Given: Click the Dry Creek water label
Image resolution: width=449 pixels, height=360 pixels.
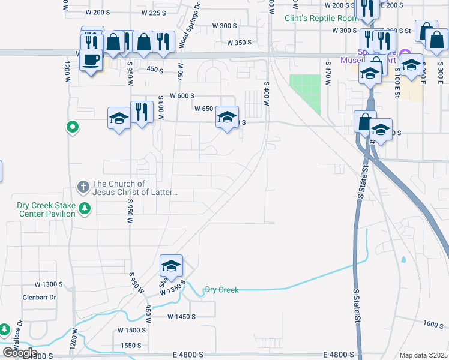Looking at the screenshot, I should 221,290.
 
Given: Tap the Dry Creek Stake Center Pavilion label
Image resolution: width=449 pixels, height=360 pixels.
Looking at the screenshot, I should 46,209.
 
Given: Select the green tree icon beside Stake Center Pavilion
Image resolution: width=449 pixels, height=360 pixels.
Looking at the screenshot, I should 85,208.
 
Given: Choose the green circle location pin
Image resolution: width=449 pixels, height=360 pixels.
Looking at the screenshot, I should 72,127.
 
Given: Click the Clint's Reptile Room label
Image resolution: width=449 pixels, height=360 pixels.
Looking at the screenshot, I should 316,18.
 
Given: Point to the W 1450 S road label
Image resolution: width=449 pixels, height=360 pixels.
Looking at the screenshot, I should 182,316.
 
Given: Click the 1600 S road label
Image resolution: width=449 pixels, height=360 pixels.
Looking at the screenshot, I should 432,323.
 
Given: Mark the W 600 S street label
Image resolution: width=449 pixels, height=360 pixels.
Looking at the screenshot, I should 182,95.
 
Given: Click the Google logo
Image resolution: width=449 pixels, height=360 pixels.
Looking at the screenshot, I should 20,353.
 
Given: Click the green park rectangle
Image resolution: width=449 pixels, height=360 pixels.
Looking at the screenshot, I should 305,94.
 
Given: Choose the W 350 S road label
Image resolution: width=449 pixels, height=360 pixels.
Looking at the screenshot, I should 239,43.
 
